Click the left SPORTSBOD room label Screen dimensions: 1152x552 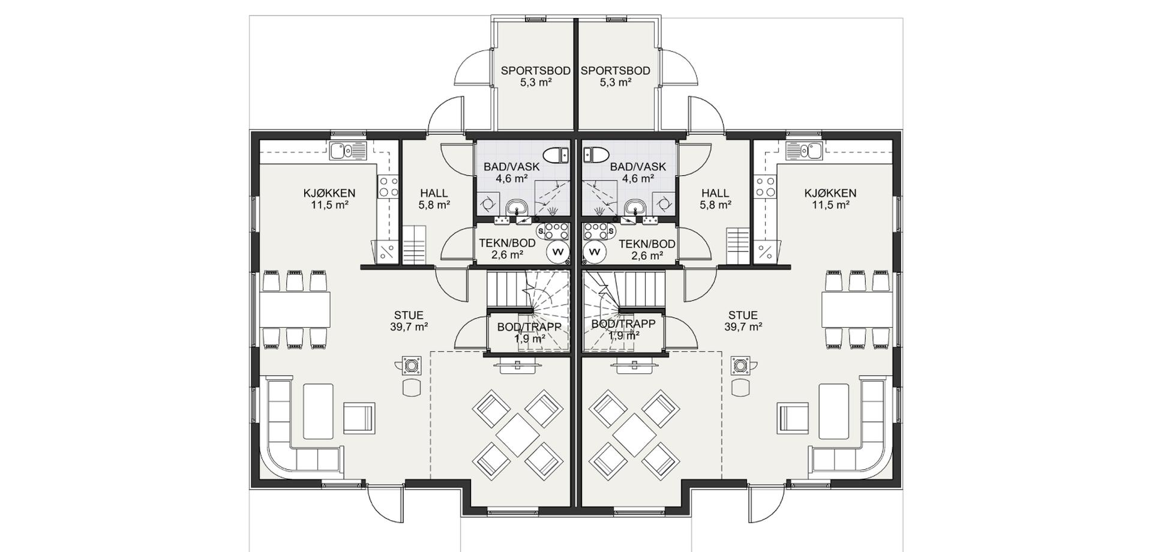point(535,71)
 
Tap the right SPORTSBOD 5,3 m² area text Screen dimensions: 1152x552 point(616,82)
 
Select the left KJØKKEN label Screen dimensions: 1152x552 point(329,193)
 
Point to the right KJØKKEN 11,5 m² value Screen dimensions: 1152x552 point(830,205)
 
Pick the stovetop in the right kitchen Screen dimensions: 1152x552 point(765,187)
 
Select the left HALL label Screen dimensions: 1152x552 point(434,193)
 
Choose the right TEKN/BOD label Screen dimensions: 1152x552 point(647,244)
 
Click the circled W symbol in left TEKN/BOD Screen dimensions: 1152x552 point(557,252)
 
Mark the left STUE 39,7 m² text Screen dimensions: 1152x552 point(409,327)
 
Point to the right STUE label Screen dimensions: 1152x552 point(743,315)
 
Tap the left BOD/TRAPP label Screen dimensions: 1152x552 point(529,327)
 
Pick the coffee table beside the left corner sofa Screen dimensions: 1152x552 point(318,412)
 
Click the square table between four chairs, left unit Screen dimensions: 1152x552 point(518,434)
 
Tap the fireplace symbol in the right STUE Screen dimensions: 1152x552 point(740,365)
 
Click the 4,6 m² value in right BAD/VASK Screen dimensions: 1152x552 point(638,178)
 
